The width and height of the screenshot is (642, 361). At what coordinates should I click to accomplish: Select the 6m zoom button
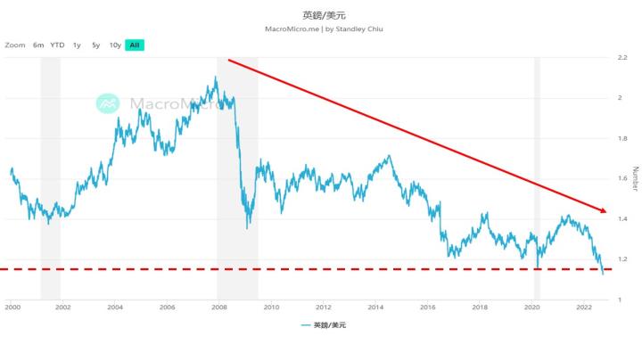(x=38, y=45)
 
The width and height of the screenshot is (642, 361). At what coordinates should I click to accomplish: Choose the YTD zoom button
(x=57, y=45)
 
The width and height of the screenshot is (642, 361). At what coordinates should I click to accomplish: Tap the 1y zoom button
(x=77, y=45)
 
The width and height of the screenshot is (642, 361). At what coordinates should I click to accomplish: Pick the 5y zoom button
(x=95, y=45)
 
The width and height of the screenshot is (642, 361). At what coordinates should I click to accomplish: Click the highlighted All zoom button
(x=134, y=45)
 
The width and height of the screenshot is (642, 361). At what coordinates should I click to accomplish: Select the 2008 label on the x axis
(x=218, y=307)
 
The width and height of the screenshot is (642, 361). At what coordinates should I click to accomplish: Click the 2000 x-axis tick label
(x=12, y=307)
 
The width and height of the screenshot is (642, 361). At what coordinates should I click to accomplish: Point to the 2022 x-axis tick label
(x=583, y=307)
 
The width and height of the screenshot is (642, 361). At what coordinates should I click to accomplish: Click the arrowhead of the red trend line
(x=605, y=211)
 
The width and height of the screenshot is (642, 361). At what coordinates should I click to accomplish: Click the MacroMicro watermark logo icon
(x=108, y=103)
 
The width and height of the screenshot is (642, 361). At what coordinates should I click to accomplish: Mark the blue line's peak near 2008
(x=216, y=78)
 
